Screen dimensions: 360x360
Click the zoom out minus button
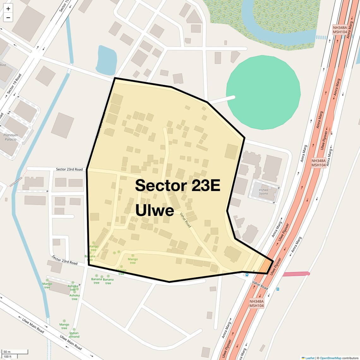[8, 18]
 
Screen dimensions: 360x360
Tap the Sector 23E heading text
[177, 185]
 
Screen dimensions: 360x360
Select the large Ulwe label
[155, 210]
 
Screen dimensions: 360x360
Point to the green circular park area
[263, 93]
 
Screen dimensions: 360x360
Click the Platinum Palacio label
[11, 137]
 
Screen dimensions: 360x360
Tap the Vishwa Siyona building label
[263, 192]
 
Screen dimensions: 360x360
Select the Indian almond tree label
[74, 335]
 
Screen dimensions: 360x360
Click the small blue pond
[106, 60]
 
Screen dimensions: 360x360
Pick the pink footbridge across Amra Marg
[296, 274]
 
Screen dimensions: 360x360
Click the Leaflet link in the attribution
[309, 358]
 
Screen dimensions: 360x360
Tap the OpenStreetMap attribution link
[330, 358]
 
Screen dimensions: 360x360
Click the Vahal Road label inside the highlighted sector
[185, 220]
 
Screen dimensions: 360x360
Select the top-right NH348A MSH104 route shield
[340, 30]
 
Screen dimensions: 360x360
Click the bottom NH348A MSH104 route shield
[256, 303]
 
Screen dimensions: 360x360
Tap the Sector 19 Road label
[14, 84]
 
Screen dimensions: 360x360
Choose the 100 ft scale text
[8, 357]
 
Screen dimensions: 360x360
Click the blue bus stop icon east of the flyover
[278, 289]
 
